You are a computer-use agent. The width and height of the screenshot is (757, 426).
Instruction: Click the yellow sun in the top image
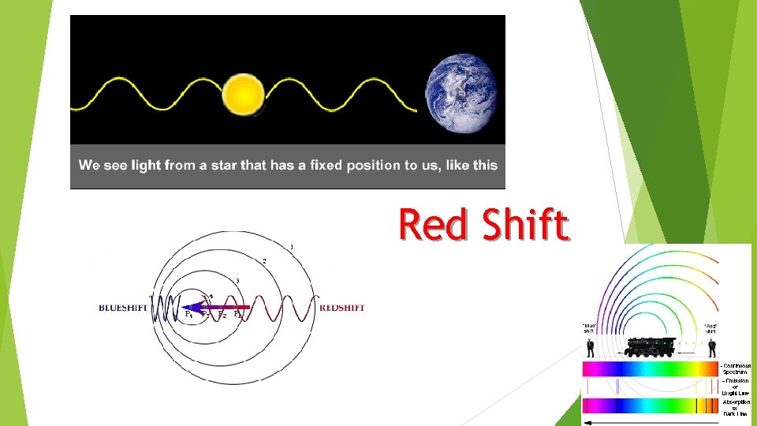pos(243,94)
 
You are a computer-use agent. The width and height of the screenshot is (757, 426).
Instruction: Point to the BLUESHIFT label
pos(125,308)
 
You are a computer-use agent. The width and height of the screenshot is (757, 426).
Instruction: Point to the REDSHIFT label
pos(342,308)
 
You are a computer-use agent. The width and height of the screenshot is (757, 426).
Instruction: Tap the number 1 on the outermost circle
pos(292,246)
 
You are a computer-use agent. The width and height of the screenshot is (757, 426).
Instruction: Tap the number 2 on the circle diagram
pos(264,261)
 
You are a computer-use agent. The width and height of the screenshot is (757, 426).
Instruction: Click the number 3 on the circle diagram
pos(237,281)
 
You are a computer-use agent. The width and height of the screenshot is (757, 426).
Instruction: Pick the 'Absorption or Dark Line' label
pos(736,407)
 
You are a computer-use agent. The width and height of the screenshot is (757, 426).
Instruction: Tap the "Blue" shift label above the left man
pos(589,327)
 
